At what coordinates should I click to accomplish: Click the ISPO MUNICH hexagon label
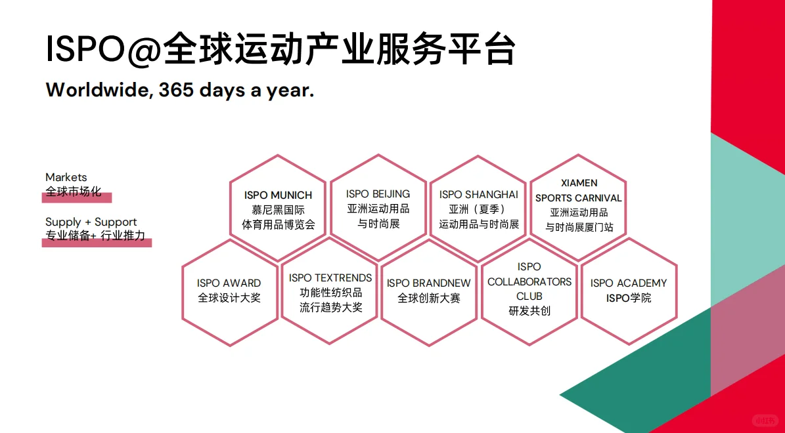click(278, 195)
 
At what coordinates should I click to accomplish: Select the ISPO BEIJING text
click(378, 194)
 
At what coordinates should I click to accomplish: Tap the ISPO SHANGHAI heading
click(479, 194)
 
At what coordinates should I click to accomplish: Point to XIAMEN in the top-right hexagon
click(579, 183)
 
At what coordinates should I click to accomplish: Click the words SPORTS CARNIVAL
click(579, 197)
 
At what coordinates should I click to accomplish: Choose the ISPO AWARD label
click(229, 283)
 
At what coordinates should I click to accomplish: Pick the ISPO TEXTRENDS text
click(330, 278)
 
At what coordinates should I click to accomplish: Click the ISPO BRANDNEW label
click(428, 283)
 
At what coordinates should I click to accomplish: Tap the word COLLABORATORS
click(529, 281)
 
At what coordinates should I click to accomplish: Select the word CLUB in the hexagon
click(529, 296)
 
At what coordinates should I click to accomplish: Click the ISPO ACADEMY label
click(628, 283)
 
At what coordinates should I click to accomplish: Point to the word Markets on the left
click(66, 177)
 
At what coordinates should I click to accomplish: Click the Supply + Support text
click(91, 222)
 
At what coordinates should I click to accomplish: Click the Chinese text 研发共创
click(529, 311)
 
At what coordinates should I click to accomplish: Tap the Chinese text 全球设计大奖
click(229, 298)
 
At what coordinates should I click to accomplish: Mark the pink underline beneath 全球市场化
click(77, 197)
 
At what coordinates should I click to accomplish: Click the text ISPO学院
click(628, 298)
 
